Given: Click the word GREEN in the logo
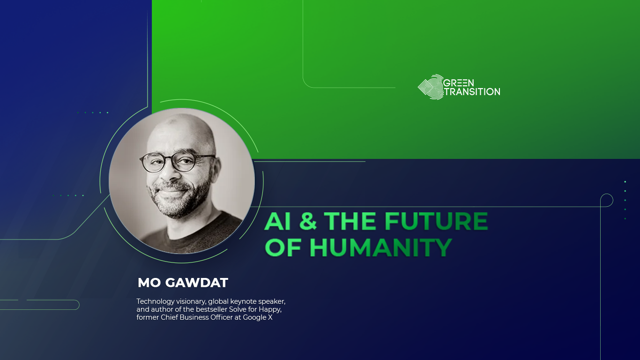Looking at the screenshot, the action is coord(458,83).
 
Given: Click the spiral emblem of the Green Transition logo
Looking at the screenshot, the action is coord(431,87).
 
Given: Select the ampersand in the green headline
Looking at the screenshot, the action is coord(308,221).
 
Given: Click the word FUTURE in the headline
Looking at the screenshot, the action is coord(436,221).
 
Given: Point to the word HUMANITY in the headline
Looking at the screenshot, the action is coord(380,247).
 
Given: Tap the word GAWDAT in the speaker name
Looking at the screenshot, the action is coord(197,283).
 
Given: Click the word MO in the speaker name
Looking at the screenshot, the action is coord(149,283).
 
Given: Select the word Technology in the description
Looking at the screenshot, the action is coord(156,302).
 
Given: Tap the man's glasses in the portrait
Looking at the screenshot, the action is coord(178,162).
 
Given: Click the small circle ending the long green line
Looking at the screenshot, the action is coord(607,200).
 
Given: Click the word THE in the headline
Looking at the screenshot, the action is coord(350,221).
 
